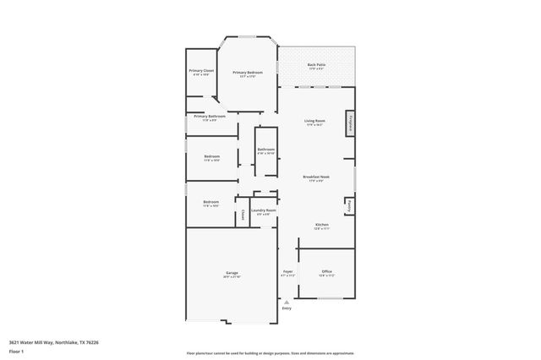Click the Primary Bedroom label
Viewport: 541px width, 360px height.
[x=248, y=74]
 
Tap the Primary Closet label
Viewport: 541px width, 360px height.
[x=201, y=72]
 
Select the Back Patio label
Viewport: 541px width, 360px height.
[x=317, y=66]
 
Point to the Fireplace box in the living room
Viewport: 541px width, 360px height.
[x=349, y=123]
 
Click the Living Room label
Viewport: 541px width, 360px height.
[x=315, y=123]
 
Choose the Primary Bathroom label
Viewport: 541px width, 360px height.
[x=209, y=117]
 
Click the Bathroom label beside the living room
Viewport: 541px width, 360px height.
[x=266, y=150]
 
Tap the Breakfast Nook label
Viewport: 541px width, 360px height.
[x=316, y=177]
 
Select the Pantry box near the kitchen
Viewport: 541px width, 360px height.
[x=349, y=205]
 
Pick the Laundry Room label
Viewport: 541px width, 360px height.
[x=264, y=211]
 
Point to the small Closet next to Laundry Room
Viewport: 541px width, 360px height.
[x=243, y=214]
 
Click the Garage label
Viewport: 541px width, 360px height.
[x=232, y=273]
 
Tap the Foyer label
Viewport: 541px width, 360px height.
[x=287, y=273]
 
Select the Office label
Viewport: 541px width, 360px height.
[x=326, y=273]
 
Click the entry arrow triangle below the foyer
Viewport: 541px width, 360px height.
[x=287, y=302]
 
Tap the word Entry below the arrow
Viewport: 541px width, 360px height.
[x=287, y=308]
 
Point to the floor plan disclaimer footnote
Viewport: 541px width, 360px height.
[x=270, y=352]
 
